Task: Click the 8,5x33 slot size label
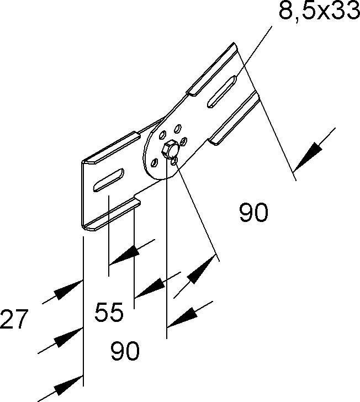(320, 11)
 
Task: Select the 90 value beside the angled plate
(253, 212)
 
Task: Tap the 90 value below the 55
(125, 351)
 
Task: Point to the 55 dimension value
(109, 313)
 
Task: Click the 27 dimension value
(14, 319)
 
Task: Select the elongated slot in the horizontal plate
(108, 180)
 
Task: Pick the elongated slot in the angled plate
(222, 91)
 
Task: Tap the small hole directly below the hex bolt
(174, 161)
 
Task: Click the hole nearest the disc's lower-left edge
(155, 162)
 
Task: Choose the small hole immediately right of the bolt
(184, 141)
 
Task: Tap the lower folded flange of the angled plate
(234, 118)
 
